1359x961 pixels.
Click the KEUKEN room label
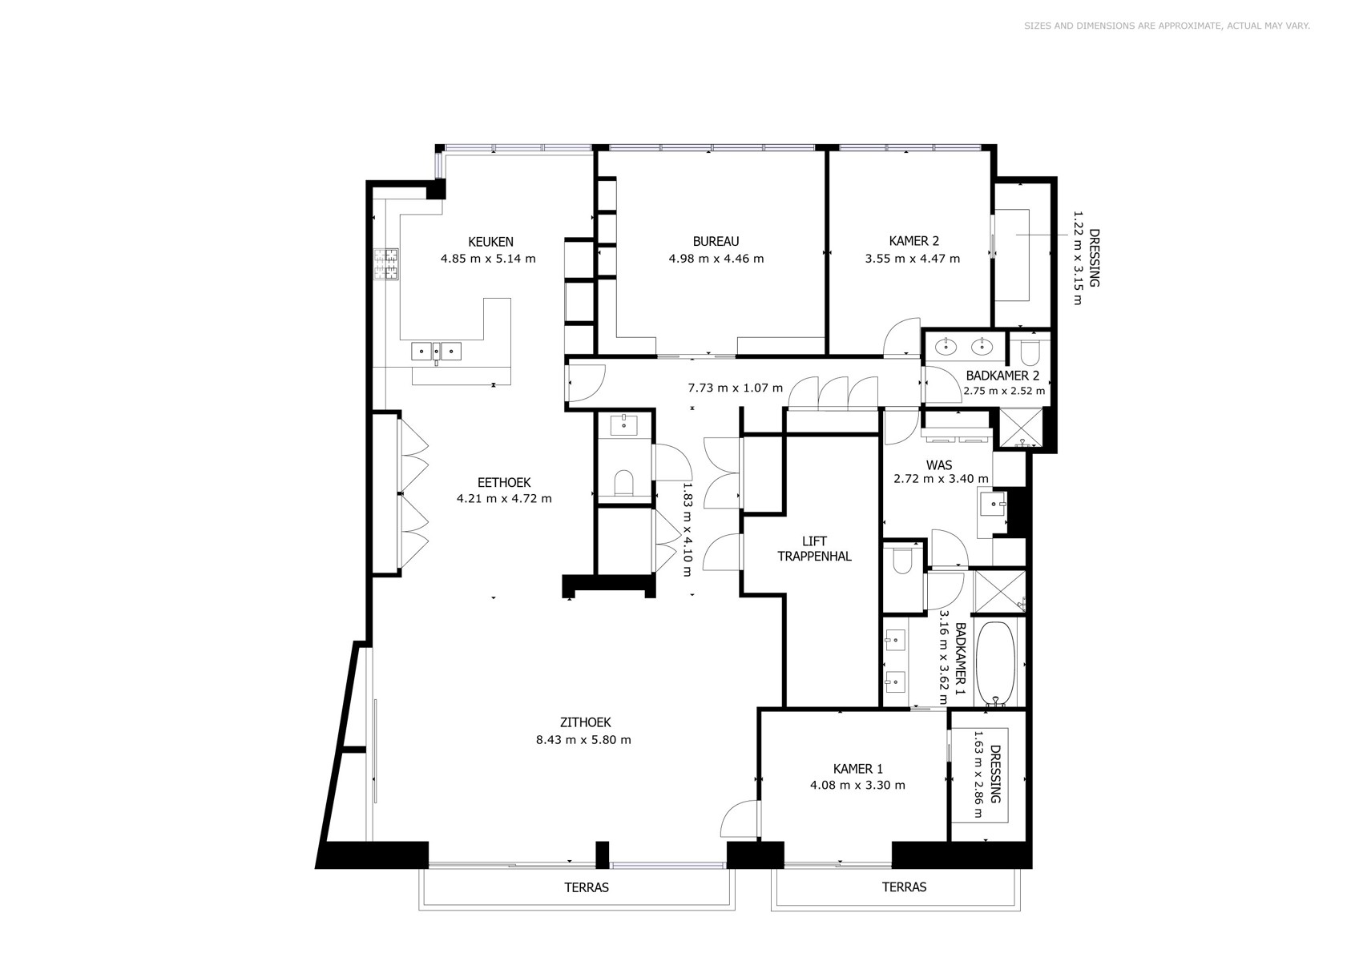tap(491, 242)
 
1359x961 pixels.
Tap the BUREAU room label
tap(716, 241)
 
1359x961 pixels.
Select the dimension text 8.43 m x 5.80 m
tap(583, 740)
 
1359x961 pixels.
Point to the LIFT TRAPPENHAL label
tap(814, 549)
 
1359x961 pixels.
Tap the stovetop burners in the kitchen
tap(386, 264)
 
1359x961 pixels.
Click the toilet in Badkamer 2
tap(1030, 352)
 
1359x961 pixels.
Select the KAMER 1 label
tap(858, 769)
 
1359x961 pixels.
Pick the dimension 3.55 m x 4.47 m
tap(913, 259)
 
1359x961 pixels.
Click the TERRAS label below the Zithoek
tap(587, 887)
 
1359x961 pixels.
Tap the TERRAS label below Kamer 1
tap(904, 887)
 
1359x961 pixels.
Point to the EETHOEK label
tap(504, 483)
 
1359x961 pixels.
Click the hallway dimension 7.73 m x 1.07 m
tap(736, 388)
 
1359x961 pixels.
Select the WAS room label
tap(939, 465)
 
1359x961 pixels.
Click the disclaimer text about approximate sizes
tap(1167, 26)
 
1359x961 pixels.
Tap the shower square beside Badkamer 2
tap(1022, 428)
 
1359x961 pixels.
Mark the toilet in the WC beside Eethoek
tap(623, 483)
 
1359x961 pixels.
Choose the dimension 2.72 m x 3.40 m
tap(941, 479)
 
